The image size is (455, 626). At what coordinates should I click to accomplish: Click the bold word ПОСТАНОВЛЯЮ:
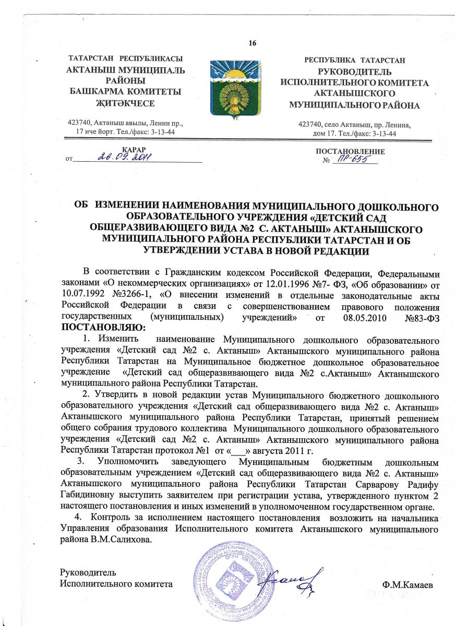[x=104, y=327]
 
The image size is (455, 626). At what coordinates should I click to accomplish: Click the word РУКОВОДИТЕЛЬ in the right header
[x=354, y=71]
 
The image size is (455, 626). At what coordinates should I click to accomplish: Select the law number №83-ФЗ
[x=422, y=318]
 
